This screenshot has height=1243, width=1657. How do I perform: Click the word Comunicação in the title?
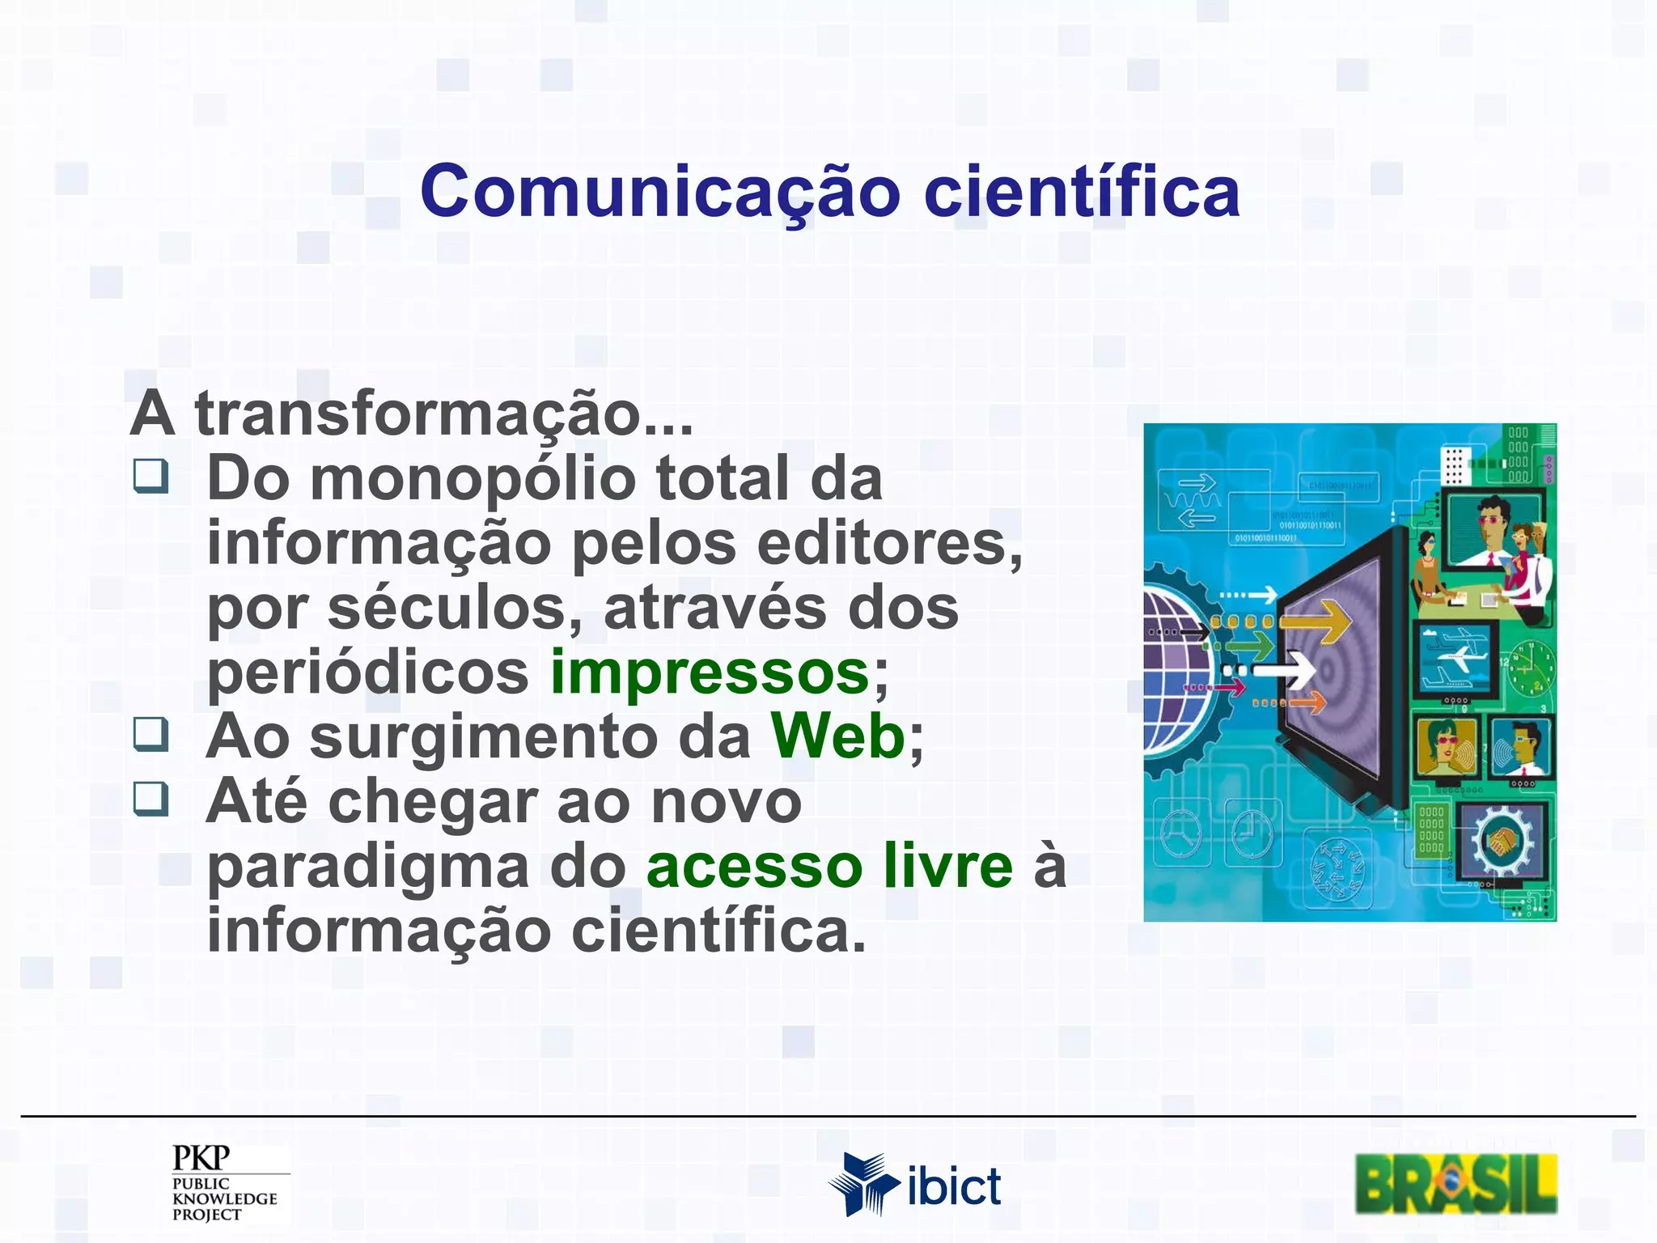tap(659, 193)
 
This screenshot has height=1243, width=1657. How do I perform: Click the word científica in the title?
tap(1082, 193)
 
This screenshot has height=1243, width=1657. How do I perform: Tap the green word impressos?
tap(710, 672)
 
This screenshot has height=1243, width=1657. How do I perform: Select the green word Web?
tap(838, 736)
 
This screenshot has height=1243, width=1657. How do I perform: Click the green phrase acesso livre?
tap(829, 866)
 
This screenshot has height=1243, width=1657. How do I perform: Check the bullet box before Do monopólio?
tap(151, 477)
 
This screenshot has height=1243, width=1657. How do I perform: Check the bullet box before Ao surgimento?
tap(151, 734)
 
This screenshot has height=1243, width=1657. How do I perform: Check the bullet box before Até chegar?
tap(151, 799)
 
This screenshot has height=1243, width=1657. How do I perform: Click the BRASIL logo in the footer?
tap(1456, 1185)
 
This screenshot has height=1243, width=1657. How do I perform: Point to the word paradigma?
tap(368, 868)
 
